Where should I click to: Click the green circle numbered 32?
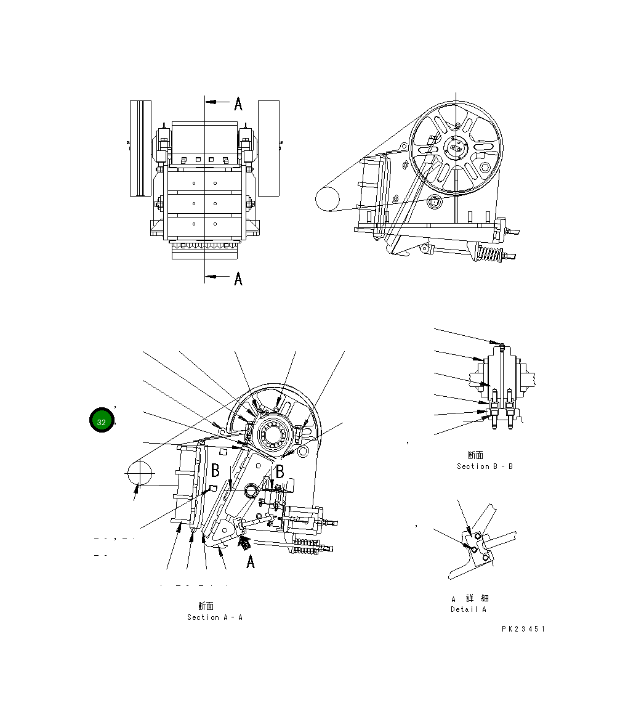point(101,421)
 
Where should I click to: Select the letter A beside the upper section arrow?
point(238,104)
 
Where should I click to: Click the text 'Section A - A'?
point(215,617)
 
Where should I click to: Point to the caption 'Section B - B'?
point(485,466)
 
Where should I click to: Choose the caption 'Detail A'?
point(469,609)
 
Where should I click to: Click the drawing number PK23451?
point(523,629)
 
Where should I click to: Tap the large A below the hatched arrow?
point(251,562)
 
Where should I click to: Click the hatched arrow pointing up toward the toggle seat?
point(244,543)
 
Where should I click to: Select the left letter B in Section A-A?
point(215,471)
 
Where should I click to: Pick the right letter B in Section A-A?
point(280,471)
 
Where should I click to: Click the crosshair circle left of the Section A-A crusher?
point(139,473)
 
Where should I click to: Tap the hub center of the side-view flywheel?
point(456,149)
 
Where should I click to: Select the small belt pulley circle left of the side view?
point(327,200)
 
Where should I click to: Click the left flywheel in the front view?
point(140,148)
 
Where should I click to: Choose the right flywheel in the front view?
point(268,148)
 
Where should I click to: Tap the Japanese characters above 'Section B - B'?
point(475,455)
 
